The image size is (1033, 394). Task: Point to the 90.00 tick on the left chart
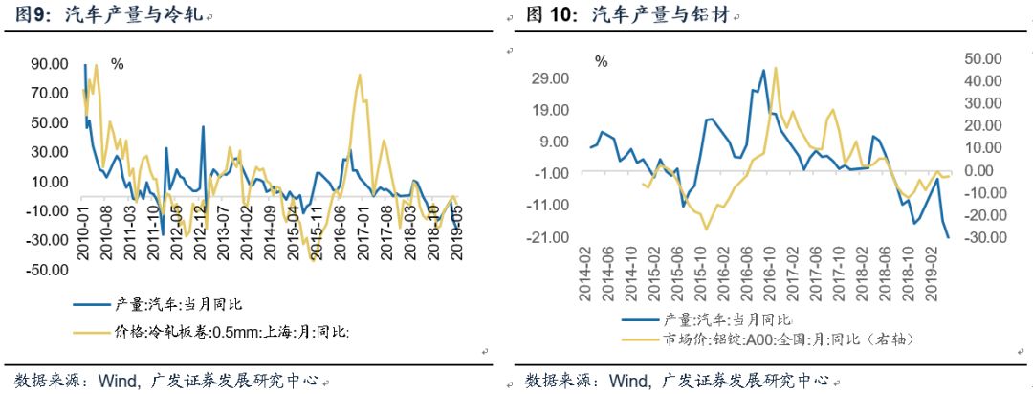50,64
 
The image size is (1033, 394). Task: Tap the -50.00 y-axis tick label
47,270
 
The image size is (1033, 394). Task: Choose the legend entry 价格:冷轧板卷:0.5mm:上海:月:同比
247,332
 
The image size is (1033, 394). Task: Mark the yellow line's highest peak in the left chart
359,74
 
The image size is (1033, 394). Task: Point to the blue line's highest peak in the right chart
763,70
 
